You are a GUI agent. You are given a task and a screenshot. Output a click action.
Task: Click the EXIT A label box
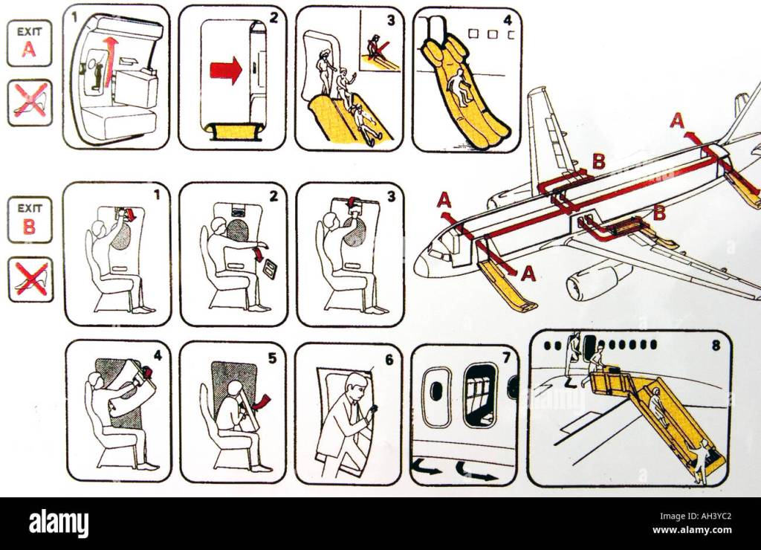29,44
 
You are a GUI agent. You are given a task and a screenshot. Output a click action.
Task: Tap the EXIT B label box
30,220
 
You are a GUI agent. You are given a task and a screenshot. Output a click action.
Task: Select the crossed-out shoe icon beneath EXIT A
30,103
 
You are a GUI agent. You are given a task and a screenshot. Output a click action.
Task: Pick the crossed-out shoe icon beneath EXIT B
30,279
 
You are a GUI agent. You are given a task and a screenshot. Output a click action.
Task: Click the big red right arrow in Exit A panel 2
226,70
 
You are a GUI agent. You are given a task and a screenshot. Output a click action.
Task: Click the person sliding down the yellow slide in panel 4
458,88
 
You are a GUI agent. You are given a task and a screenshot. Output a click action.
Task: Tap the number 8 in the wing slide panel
716,346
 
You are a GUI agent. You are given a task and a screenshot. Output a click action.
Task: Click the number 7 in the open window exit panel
506,357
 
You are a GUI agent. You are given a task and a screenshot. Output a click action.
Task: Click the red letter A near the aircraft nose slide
528,274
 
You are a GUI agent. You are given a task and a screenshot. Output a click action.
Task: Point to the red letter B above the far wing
599,161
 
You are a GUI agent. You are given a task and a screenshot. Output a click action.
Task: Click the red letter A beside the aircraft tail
677,120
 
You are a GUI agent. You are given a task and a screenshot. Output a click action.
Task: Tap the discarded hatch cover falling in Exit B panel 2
269,270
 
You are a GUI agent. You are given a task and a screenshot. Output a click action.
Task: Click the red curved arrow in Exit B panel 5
262,401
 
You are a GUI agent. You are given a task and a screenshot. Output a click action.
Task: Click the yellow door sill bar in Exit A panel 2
235,131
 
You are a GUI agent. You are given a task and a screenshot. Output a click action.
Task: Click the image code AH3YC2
711,517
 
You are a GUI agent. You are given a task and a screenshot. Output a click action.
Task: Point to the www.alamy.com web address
692,530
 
